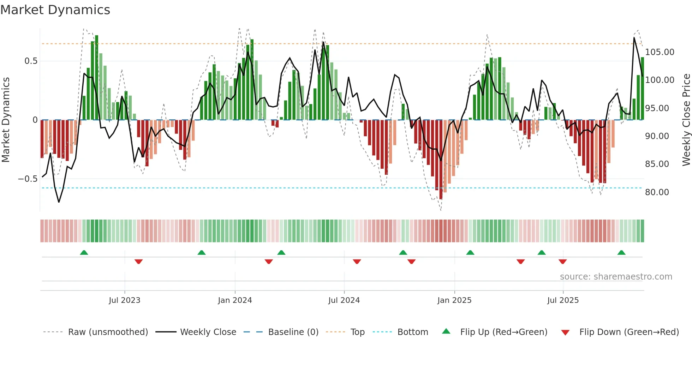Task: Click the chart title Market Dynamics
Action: point(55,10)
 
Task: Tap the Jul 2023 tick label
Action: point(124,300)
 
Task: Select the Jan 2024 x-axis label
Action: point(235,300)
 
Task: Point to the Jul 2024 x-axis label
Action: point(344,300)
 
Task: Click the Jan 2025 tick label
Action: point(454,300)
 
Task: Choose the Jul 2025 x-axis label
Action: point(563,300)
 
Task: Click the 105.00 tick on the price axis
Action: point(660,52)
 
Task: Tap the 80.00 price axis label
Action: point(657,192)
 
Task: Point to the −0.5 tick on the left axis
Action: point(28,179)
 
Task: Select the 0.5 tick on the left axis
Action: point(31,61)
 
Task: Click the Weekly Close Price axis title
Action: point(686,120)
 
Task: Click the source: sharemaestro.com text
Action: point(616,277)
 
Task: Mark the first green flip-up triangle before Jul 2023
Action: point(84,252)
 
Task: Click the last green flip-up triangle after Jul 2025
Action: point(621,252)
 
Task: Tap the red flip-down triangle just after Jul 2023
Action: point(138,262)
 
